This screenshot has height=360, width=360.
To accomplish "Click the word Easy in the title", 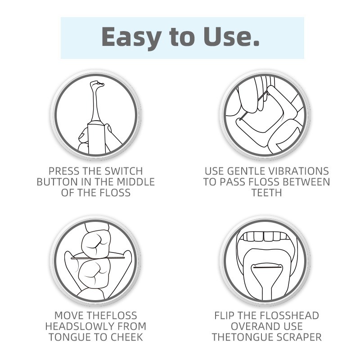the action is click(131, 37).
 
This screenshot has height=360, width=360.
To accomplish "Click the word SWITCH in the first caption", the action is click(123, 171).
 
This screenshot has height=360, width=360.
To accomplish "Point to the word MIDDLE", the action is click(136, 182).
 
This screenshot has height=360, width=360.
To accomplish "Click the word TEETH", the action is click(266, 193).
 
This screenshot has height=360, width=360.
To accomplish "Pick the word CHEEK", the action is click(127, 337).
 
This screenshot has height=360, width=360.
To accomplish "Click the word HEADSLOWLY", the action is click(76, 327).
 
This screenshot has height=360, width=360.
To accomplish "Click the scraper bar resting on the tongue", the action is click(267, 267).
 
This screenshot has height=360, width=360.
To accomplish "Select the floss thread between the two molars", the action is click(98, 258).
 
